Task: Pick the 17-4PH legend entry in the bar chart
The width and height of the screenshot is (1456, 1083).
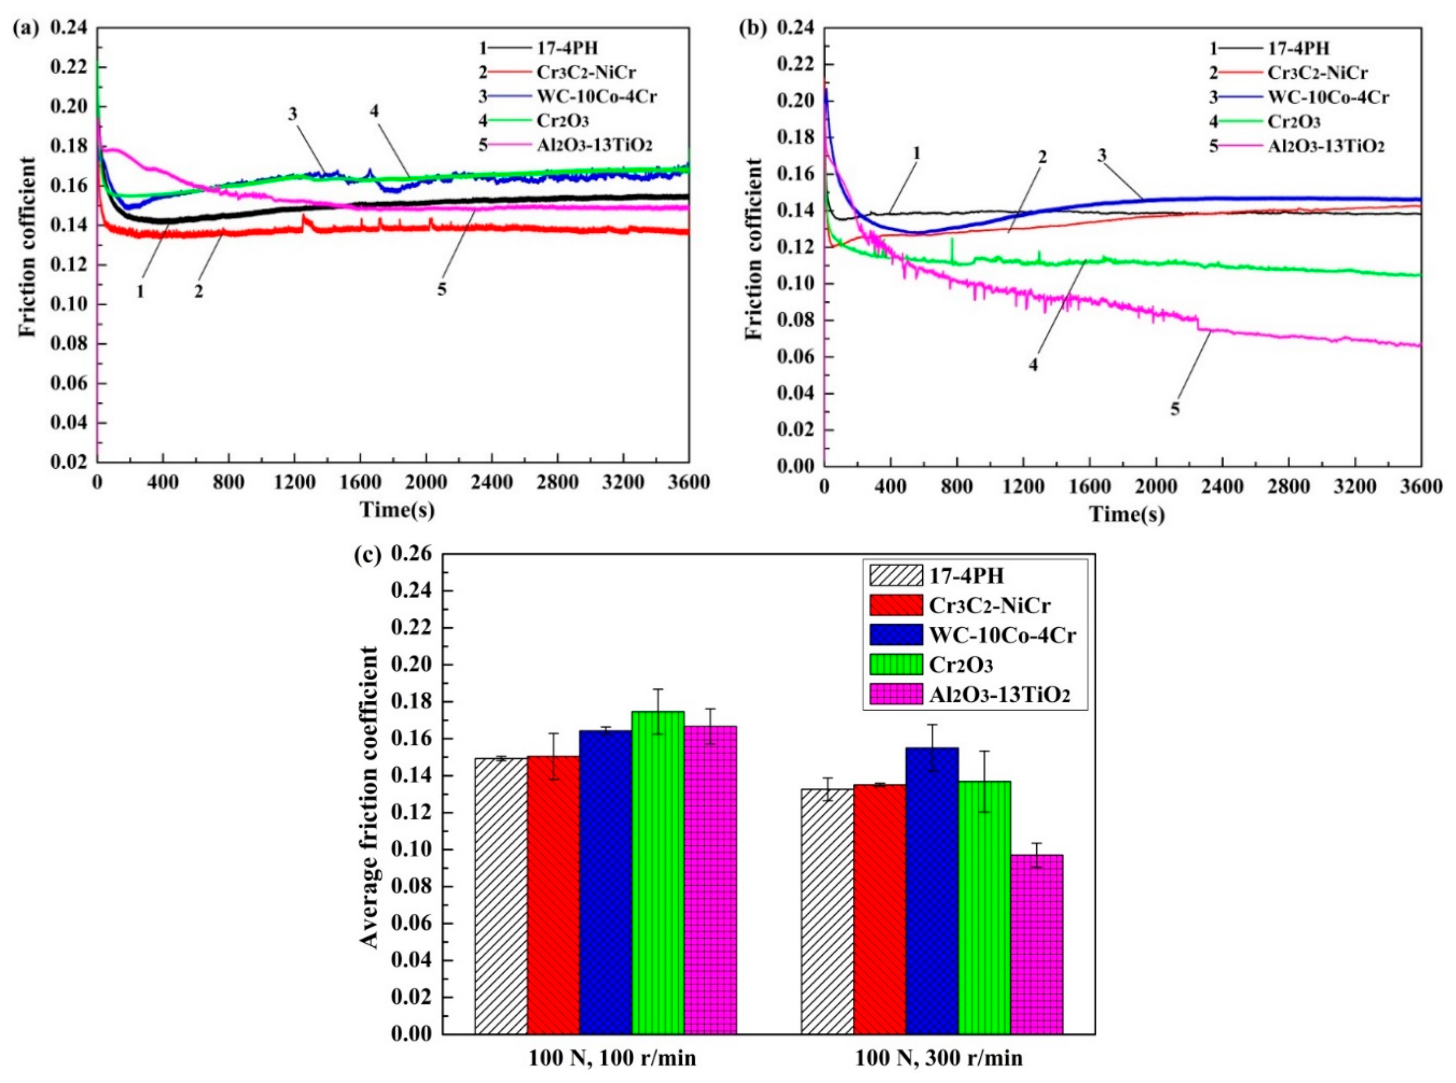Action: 966,576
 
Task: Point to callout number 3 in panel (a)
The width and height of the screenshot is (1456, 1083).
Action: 292,114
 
